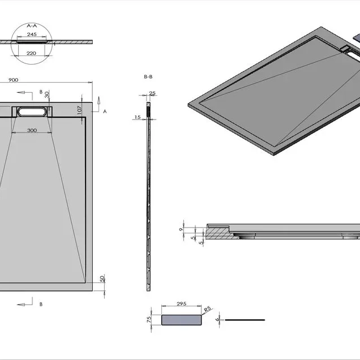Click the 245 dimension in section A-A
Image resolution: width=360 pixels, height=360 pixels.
32,35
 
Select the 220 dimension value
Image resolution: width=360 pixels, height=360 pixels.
31,53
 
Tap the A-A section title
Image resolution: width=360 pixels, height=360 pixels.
32,25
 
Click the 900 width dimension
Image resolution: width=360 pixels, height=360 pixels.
14,80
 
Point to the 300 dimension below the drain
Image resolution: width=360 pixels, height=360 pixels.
32,130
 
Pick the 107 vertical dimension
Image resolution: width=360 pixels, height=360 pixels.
79,110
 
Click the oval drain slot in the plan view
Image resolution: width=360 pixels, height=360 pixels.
32,112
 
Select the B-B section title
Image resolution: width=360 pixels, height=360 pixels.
148,76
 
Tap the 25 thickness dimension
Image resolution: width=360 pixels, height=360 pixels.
152,93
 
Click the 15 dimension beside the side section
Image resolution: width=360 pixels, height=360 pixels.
138,117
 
